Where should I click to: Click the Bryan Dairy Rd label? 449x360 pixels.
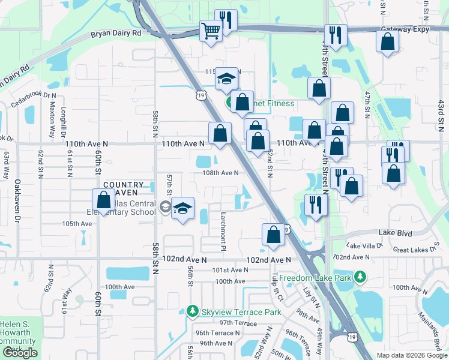116,34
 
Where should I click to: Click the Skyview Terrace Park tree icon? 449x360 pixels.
192,312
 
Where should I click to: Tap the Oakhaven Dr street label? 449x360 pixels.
17,200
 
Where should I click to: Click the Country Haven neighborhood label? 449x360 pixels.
124,189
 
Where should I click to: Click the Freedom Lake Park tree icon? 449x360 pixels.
360,277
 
